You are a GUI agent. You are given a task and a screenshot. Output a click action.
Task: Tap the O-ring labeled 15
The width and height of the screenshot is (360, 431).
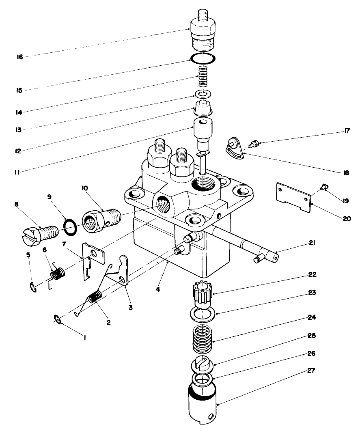(x=202, y=58)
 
